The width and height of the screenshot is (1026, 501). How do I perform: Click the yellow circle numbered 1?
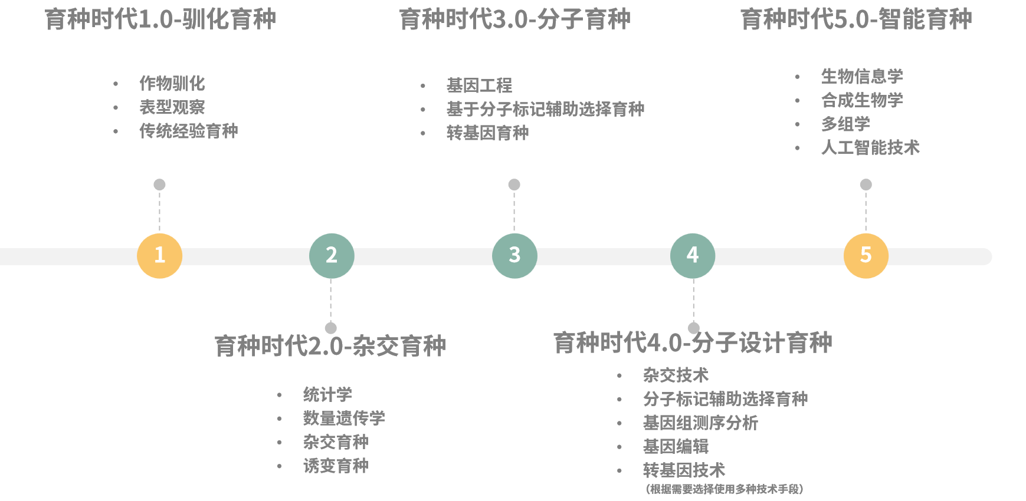pos(159,255)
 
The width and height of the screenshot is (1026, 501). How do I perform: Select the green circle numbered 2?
pos(332,255)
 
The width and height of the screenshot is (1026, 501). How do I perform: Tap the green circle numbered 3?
pos(514,255)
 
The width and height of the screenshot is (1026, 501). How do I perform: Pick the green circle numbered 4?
pos(693,255)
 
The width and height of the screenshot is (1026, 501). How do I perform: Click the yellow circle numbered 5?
pos(866,255)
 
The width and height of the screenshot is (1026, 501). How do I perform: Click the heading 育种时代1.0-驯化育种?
pos(160,19)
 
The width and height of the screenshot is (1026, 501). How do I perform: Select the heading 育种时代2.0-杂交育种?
pos(330,345)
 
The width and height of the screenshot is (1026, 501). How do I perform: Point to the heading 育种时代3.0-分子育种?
pos(515,19)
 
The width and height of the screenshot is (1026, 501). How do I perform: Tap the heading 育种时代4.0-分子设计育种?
pos(693,342)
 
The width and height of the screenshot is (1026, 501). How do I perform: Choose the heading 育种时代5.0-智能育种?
pos(856,19)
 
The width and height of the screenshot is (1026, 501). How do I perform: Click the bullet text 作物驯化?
pos(172,83)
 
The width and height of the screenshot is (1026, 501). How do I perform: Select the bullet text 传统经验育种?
pos(188,131)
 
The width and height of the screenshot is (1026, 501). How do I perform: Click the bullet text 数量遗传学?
pos(343,418)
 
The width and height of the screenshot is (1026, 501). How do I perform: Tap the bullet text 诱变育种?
pos(335,466)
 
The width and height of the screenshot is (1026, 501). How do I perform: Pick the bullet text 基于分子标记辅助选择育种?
pos(545,109)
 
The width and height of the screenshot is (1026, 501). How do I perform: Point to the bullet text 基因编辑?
pos(676,446)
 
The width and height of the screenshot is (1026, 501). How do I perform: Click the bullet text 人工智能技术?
pos(870,147)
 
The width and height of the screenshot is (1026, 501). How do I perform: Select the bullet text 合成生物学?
pos(861,100)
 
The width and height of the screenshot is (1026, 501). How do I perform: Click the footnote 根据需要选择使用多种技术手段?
pos(724,489)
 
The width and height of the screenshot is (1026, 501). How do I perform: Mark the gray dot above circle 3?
pos(514,184)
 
